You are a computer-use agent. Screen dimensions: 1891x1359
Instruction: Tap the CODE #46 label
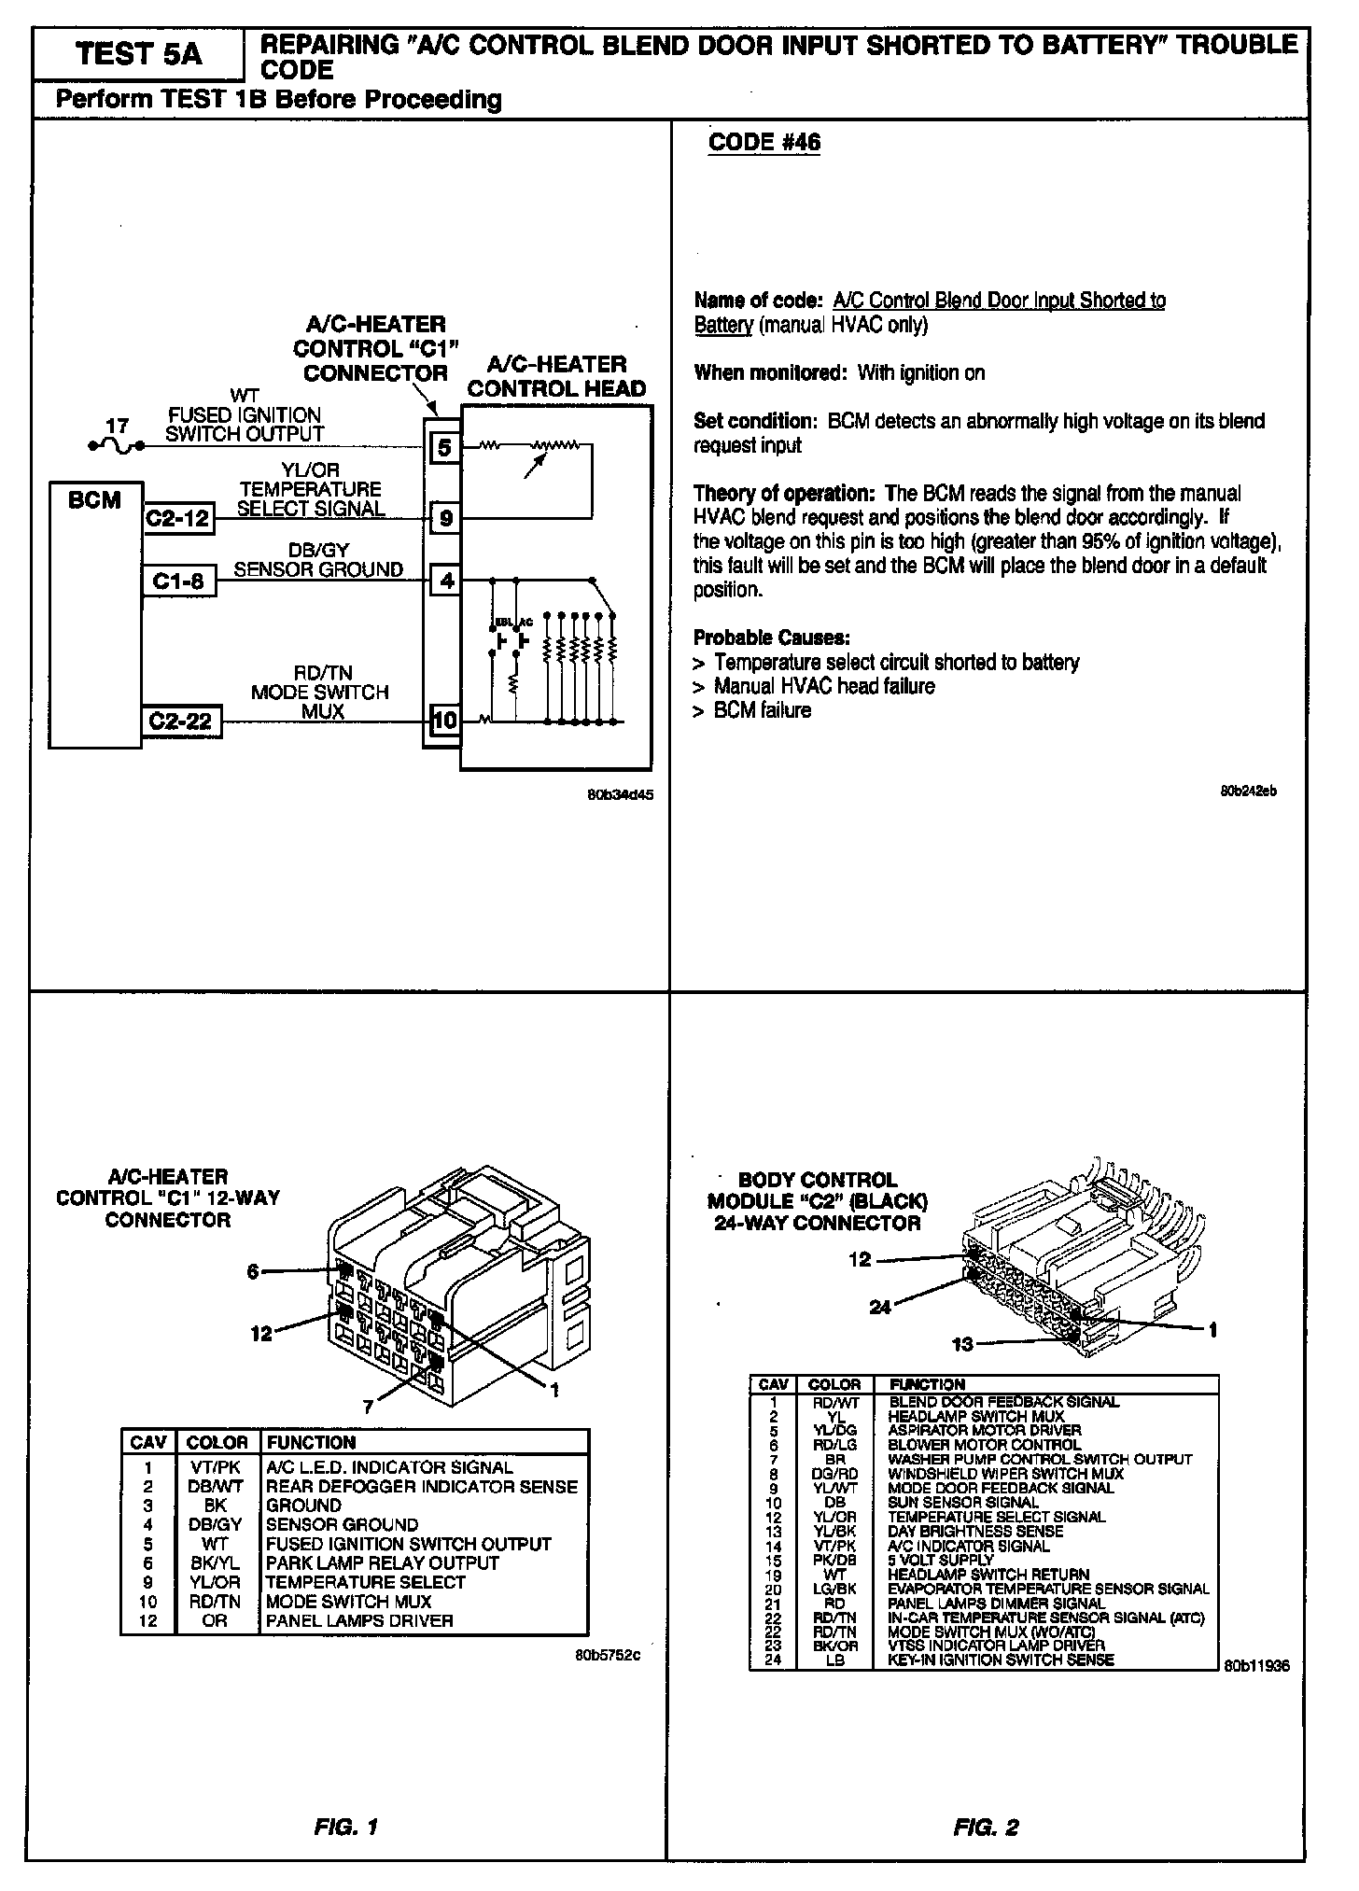pyautogui.click(x=764, y=142)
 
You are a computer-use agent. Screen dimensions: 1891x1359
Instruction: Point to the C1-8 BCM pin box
pyautogui.click(x=178, y=581)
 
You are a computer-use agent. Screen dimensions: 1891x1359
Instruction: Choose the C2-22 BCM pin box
pyautogui.click(x=182, y=721)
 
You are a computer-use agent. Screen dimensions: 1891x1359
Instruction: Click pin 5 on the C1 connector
pyautogui.click(x=445, y=447)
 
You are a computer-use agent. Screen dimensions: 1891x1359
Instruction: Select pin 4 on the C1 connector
pyautogui.click(x=446, y=581)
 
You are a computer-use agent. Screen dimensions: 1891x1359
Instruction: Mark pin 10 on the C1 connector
pyautogui.click(x=445, y=720)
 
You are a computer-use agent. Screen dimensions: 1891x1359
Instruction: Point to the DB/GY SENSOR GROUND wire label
pyautogui.click(x=318, y=560)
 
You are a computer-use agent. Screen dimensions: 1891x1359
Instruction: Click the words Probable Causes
pyautogui.click(x=771, y=637)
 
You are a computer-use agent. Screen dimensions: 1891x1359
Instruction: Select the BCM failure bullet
pyautogui.click(x=762, y=710)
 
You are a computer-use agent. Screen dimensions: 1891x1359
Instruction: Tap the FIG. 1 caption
pyautogui.click(x=345, y=1827)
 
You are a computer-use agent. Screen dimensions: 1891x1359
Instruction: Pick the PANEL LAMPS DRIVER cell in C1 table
pyautogui.click(x=359, y=1620)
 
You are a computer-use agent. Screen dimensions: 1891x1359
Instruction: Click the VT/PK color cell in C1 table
pyautogui.click(x=215, y=1467)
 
